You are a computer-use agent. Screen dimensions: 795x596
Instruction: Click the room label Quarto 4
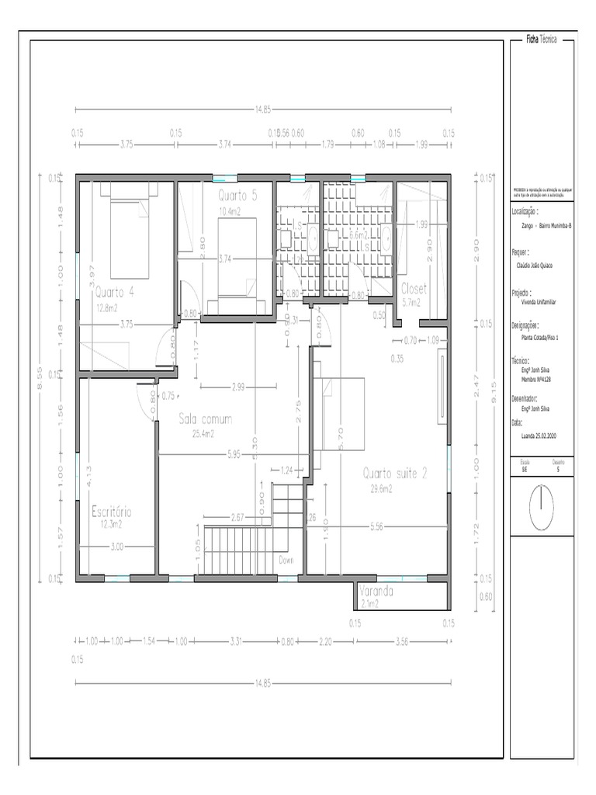tap(115, 293)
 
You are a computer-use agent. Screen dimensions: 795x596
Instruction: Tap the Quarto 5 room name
tap(237, 195)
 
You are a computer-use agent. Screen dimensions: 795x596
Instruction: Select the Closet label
tap(414, 289)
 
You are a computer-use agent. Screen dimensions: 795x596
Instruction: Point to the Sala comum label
tap(206, 419)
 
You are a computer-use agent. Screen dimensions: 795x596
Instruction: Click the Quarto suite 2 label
tap(395, 474)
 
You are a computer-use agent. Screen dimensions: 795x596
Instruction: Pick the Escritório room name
tap(111, 512)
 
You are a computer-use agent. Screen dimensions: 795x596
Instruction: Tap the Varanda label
tap(376, 591)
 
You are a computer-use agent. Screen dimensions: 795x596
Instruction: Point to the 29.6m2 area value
tap(381, 489)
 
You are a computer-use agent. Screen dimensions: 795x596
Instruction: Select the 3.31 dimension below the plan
tap(237, 641)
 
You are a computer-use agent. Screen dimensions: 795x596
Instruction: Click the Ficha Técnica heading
tap(542, 39)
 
